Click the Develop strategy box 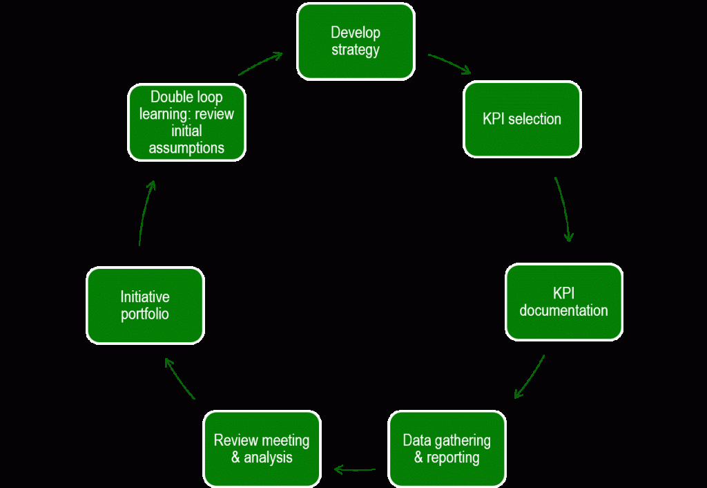pyautogui.click(x=356, y=41)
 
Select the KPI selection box pyautogui.click(x=522, y=119)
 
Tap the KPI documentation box pyautogui.click(x=563, y=301)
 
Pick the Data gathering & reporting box pyautogui.click(x=447, y=449)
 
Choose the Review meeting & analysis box pyautogui.click(x=262, y=449)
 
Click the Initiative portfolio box pyautogui.click(x=145, y=306)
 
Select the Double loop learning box pyautogui.click(x=186, y=122)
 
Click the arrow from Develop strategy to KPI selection pyautogui.click(x=449, y=63)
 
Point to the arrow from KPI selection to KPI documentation pyautogui.click(x=564, y=209)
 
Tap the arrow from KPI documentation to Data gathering pyautogui.click(x=530, y=377)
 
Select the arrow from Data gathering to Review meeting pyautogui.click(x=355, y=470)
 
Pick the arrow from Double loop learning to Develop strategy pyautogui.click(x=260, y=63)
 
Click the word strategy pyautogui.click(x=356, y=50)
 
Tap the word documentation pyautogui.click(x=563, y=310)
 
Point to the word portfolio pyautogui.click(x=145, y=314)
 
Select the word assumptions pyautogui.click(x=186, y=147)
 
